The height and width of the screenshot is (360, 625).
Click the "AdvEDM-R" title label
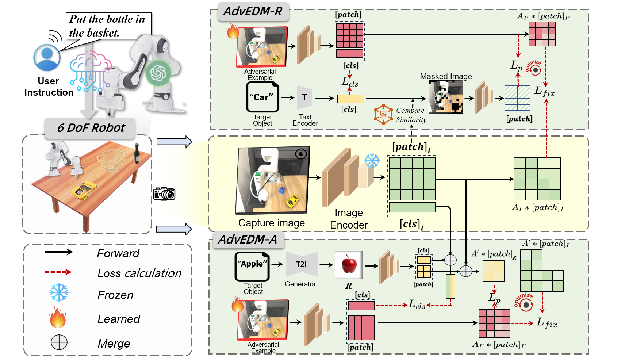point(253,12)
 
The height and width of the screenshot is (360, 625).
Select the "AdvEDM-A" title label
point(248,240)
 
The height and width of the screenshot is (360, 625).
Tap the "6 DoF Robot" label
point(91,127)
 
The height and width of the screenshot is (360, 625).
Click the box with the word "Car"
point(262,97)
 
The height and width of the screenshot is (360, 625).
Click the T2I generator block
point(302,264)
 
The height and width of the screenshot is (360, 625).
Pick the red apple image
point(349,265)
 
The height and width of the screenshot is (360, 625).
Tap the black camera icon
point(164,194)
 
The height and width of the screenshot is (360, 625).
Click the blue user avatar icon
point(47,57)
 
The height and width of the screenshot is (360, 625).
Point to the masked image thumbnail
point(445,97)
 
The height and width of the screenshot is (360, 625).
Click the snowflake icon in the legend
point(59,292)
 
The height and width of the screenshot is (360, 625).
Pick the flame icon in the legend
point(58,317)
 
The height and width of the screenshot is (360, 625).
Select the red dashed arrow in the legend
point(58,272)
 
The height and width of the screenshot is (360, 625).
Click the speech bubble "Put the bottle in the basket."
point(108,26)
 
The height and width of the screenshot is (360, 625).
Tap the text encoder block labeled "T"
point(304,97)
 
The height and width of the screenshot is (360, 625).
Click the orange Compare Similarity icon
point(383,114)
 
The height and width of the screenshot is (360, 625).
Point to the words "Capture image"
point(271,223)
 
